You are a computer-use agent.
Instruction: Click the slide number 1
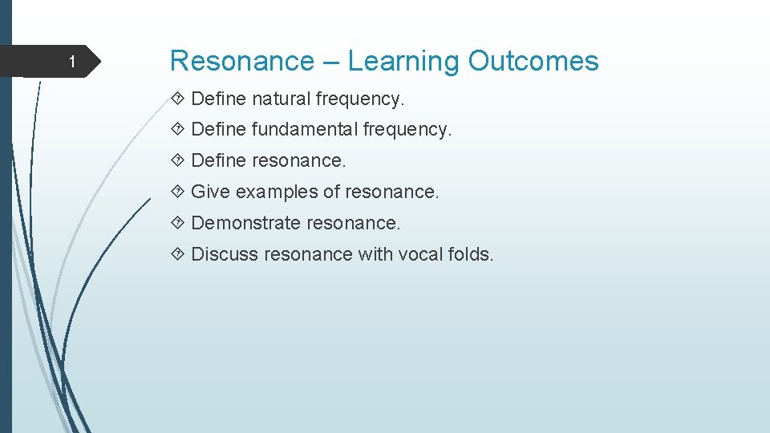tap(71, 63)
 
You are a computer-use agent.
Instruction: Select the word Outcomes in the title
tap(533, 61)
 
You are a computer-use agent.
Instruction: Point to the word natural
tap(282, 99)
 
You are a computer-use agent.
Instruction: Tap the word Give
tap(210, 192)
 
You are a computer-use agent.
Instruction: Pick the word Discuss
tap(225, 254)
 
